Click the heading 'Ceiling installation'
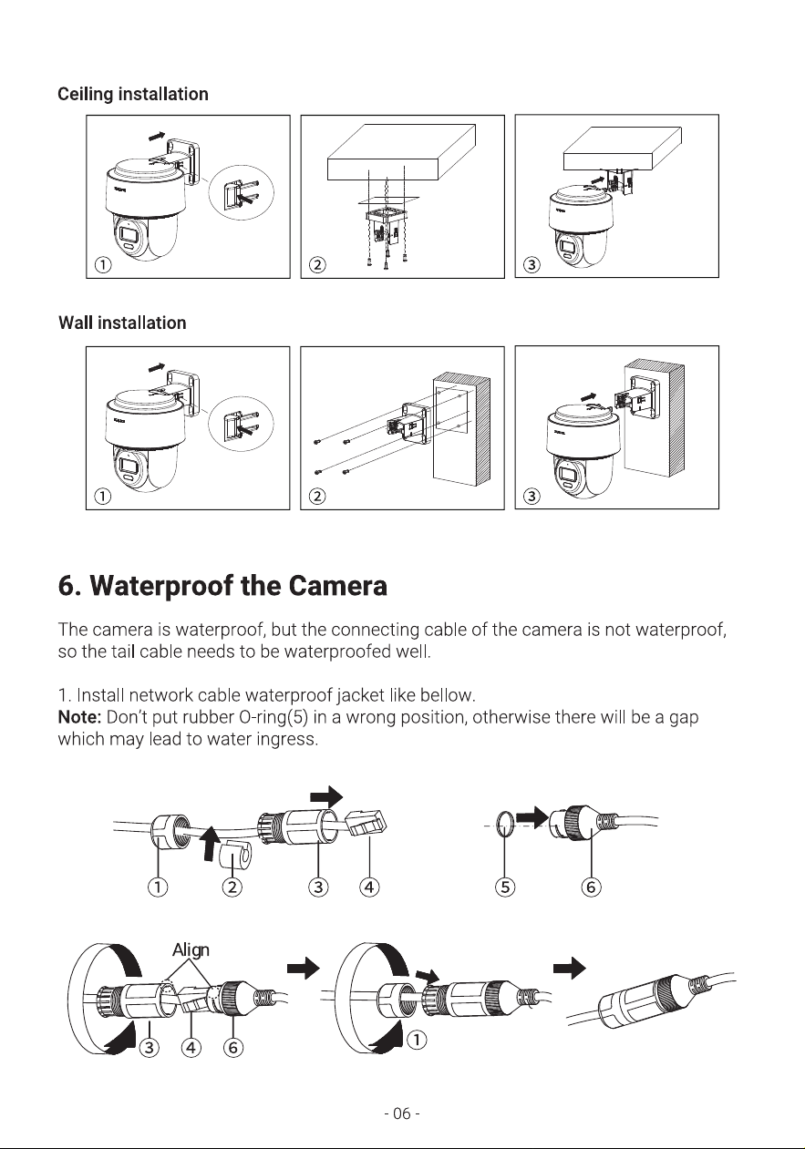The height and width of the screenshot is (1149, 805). [133, 95]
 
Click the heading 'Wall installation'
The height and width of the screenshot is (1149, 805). [122, 323]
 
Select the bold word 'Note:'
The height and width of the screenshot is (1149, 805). [79, 716]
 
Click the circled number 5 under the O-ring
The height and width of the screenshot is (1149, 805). [505, 887]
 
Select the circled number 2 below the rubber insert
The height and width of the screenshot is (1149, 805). [232, 887]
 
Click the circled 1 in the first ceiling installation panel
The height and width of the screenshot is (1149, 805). [103, 265]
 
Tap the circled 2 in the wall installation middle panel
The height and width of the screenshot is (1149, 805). [317, 497]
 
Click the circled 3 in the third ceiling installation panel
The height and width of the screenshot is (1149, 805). [532, 265]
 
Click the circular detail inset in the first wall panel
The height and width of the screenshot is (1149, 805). [241, 424]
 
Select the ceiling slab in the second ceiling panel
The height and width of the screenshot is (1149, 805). [401, 152]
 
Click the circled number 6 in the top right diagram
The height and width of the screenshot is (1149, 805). [591, 887]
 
